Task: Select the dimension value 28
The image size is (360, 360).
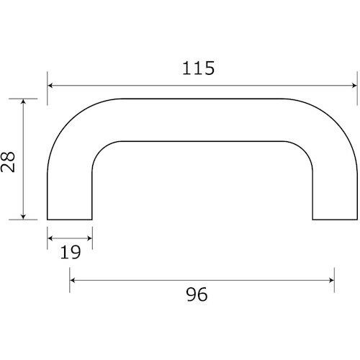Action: pos(9,158)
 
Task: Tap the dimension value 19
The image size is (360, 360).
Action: pos(69,252)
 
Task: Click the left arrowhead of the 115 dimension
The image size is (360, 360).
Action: pos(51,85)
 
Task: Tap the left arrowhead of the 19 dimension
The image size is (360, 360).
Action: pos(51,236)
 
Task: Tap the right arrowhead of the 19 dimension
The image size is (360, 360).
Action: pos(89,236)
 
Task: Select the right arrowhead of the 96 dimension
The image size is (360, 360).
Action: pos(330,279)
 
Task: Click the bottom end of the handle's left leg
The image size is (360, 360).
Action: pos(70,219)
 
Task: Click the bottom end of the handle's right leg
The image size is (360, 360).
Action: pos(335,219)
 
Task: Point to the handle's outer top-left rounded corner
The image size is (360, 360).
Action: pos(68,120)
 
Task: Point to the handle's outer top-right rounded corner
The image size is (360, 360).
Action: pos(336,120)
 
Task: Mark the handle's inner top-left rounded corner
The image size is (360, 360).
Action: pos(101,149)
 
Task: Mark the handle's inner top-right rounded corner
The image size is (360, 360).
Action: pos(305,149)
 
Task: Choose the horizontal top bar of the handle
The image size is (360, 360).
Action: pos(202,120)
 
